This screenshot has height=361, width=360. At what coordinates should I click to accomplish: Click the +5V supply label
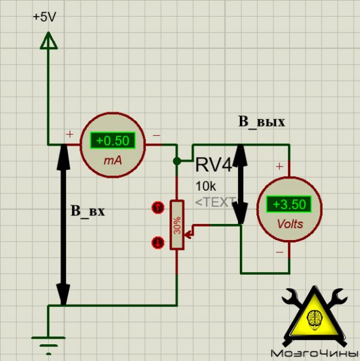pyautogui.click(x=44, y=17)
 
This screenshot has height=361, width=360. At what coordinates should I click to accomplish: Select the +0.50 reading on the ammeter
pyautogui.click(x=113, y=140)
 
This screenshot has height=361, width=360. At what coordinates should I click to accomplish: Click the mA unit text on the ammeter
pyautogui.click(x=113, y=161)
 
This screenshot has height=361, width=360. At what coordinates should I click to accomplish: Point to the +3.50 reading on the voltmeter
pyautogui.click(x=289, y=204)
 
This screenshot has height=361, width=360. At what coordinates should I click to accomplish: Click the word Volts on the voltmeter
pyautogui.click(x=290, y=224)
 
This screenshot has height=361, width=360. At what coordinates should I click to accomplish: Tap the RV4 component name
pyautogui.click(x=213, y=165)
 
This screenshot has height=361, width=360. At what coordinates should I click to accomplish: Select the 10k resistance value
pyautogui.click(x=206, y=187)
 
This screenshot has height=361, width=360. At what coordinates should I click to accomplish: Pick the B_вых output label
pyautogui.click(x=261, y=122)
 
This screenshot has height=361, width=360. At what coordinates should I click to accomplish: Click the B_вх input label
pyautogui.click(x=88, y=211)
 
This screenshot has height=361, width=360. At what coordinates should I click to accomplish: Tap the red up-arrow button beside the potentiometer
pyautogui.click(x=158, y=208)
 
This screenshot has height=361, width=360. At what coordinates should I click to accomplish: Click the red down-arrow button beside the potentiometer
pyautogui.click(x=158, y=242)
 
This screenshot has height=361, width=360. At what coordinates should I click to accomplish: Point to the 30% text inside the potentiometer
pyautogui.click(x=177, y=226)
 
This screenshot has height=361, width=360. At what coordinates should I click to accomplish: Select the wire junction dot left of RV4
pyautogui.click(x=177, y=161)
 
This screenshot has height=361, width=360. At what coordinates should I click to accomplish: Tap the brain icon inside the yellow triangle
pyautogui.click(x=315, y=318)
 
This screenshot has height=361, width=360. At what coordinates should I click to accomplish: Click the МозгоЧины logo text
pyautogui.click(x=314, y=353)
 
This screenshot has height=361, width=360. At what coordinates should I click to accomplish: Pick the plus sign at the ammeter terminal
pyautogui.click(x=70, y=134)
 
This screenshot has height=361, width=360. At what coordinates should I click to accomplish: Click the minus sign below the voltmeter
pyautogui.click(x=279, y=252)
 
